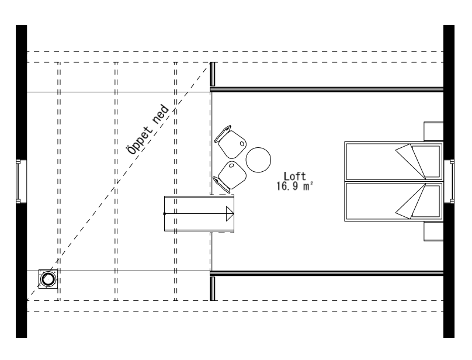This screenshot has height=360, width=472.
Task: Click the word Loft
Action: [294, 176]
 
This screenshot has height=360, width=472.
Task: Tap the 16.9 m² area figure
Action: [294, 186]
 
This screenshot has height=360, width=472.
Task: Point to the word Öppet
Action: [140, 140]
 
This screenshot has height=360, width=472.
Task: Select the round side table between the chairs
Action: [258, 160]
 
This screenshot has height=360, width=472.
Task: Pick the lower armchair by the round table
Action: [230, 176]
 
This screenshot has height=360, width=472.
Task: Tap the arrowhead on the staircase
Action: [230, 214]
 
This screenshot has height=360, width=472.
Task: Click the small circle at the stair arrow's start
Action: [164, 214]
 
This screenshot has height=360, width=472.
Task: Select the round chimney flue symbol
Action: [48, 279]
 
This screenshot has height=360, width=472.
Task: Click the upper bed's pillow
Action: [426, 161]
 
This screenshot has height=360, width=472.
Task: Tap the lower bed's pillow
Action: [426, 201]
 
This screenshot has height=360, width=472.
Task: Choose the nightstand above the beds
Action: [433, 131]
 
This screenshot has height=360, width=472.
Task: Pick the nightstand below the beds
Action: [433, 231]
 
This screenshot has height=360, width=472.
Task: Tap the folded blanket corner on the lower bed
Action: [411, 202]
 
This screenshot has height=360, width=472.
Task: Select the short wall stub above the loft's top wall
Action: [213, 74]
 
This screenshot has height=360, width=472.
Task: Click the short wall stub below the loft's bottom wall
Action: [213, 289]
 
